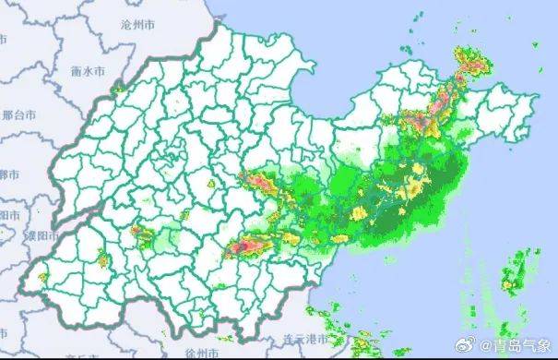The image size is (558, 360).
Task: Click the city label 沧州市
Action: point(138,29)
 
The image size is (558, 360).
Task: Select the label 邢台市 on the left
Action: point(18,115)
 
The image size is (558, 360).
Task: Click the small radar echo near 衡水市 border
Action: point(117,89)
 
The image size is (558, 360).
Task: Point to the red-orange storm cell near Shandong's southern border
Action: point(251,246)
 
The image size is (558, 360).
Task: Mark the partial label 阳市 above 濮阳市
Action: point(9,213)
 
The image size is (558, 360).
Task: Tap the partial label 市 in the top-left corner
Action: point(4,40)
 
